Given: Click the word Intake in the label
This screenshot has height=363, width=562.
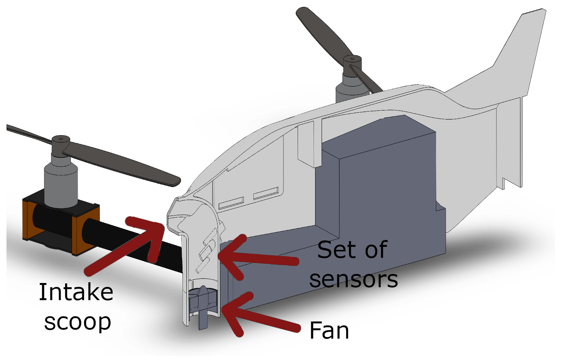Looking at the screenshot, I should coord(76,293).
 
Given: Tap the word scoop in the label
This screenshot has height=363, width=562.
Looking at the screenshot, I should coord(77,322).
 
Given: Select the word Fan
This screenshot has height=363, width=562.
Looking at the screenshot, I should coord(329,330).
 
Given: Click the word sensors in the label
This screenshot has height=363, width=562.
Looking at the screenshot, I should coord(354,279).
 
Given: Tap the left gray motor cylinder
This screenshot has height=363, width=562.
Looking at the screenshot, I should coord(61,183).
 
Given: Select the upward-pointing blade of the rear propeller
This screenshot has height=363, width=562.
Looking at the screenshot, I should coord(320,30).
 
